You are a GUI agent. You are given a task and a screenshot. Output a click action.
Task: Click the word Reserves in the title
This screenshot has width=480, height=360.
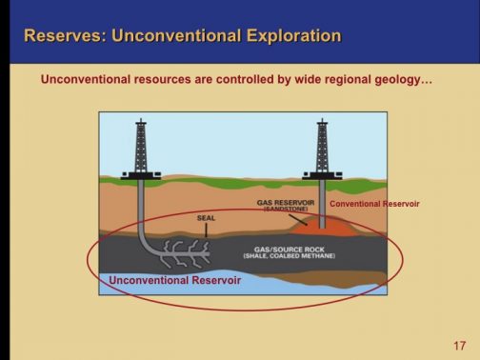click(x=63, y=37)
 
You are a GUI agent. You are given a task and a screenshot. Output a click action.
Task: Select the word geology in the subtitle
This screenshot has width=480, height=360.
click(x=396, y=80)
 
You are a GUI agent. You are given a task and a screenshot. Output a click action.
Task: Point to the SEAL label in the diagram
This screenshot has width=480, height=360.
click(x=206, y=218)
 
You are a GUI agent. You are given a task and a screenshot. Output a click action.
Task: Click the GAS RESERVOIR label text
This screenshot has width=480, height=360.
click(x=290, y=202)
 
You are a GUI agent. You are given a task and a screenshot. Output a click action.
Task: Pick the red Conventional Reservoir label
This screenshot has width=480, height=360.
click(x=374, y=204)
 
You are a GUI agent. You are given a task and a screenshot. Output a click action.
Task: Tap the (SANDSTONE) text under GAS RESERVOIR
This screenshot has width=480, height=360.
click(x=290, y=209)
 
